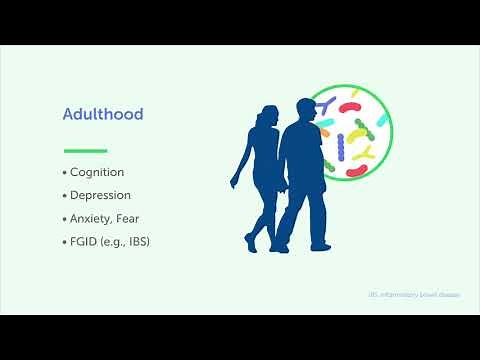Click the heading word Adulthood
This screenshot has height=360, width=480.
104,115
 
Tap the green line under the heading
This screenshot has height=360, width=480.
85,151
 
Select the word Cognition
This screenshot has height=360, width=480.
97,172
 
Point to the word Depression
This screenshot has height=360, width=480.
101,195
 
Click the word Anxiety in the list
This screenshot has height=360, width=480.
92,218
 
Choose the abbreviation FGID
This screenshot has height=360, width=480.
86,241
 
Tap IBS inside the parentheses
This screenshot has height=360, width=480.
145,241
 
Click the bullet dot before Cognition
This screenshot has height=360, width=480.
65,172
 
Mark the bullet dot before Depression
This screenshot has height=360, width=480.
65,195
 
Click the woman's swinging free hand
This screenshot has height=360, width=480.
235,184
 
